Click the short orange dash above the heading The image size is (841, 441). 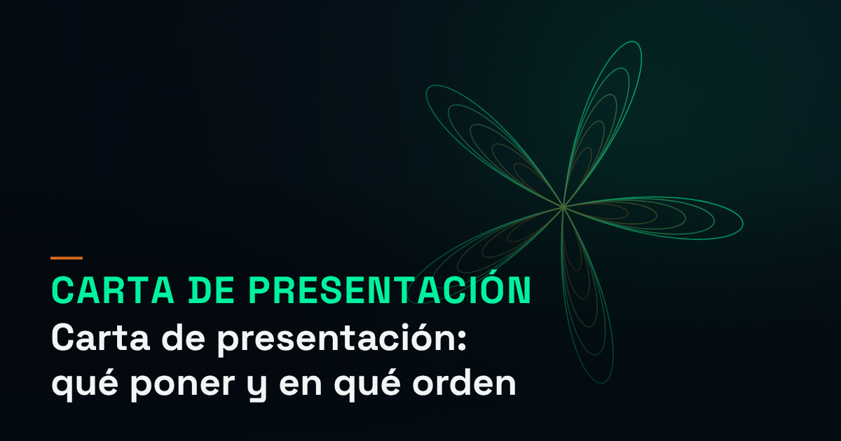67,258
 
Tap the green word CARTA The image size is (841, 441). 113,290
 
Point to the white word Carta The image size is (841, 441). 101,337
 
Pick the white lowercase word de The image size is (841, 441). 183,337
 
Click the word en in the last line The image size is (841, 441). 301,384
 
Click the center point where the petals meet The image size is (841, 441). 563,206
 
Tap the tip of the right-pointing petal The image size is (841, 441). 743,223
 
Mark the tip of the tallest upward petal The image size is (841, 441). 634,42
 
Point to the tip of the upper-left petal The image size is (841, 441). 428,88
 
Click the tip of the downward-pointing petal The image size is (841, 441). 602,382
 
